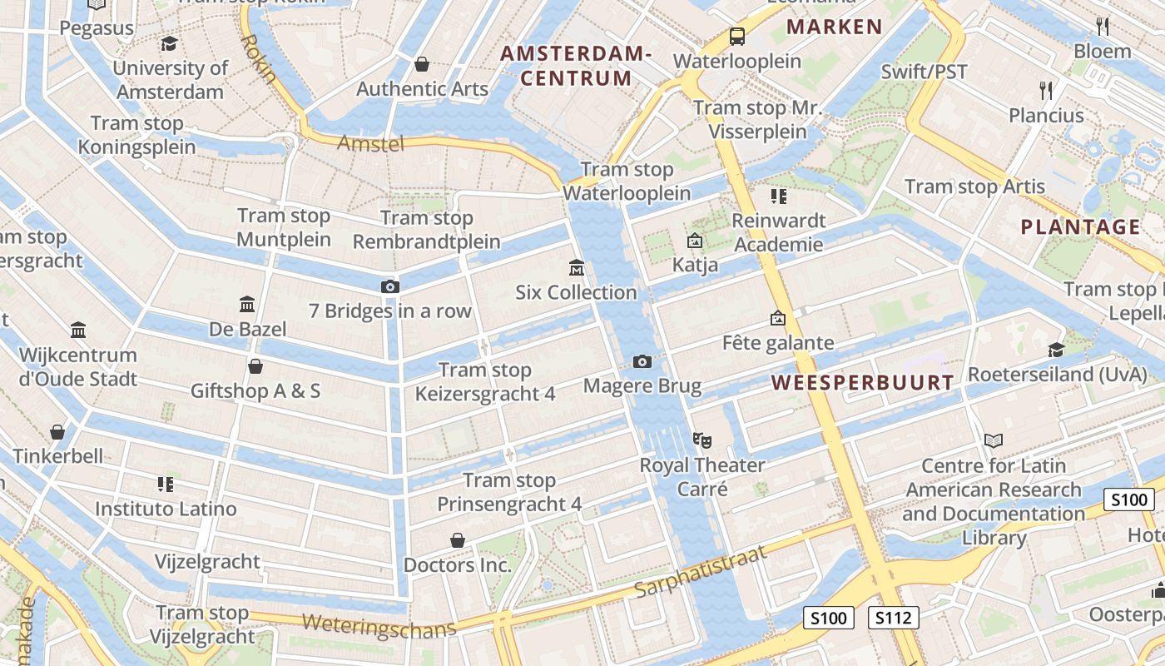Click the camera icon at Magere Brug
pos(642,361)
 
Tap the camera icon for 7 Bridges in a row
pos(389,286)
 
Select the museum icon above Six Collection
pos(576,268)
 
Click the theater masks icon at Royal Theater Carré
pos(702,440)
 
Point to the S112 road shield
pos(894,618)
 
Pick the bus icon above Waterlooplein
pos(736,37)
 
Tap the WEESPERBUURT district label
pos(862,383)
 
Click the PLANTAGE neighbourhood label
pos(1080,226)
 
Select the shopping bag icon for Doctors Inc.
pos(457,541)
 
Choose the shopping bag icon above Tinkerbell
pos(57,432)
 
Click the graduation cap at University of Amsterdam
pos(170,44)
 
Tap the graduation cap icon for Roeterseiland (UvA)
pos(1056,350)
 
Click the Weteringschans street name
pos(379,625)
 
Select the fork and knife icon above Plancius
pos(1046,90)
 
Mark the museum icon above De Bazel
pos(247,304)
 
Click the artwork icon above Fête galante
pos(777,318)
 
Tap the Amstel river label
pos(370,143)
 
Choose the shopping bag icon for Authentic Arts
pos(422,64)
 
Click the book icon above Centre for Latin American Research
pos(993,440)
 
